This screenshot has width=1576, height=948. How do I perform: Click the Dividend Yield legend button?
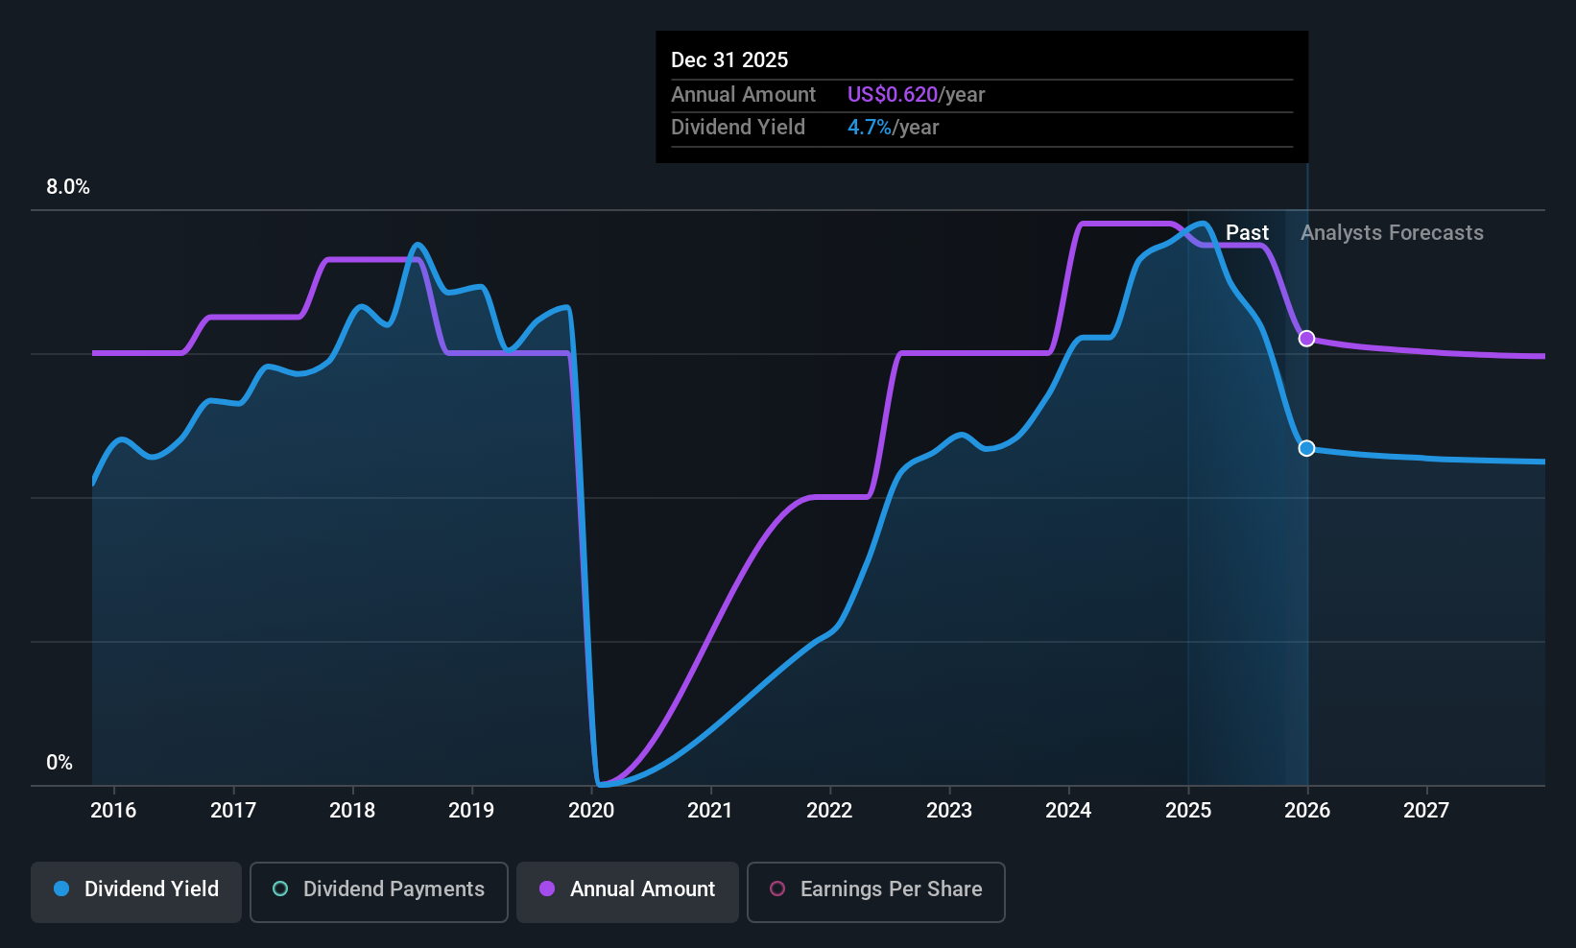click(136, 889)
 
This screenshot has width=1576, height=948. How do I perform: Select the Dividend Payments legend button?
click(379, 889)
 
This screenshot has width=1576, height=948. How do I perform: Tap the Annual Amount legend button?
click(628, 889)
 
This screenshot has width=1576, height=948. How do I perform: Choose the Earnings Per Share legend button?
click(875, 889)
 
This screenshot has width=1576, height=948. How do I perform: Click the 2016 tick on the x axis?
click(113, 810)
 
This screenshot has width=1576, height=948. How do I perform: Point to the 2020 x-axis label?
click(591, 810)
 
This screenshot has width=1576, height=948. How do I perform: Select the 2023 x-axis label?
click(949, 810)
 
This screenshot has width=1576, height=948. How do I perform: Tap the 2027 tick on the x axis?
click(1426, 810)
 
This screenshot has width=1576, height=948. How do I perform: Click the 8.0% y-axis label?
click(68, 187)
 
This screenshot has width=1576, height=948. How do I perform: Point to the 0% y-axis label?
click(60, 763)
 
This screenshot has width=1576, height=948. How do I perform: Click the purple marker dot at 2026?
click(1306, 339)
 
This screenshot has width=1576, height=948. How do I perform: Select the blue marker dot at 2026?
click(1306, 448)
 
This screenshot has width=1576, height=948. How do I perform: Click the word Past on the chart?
click(1247, 233)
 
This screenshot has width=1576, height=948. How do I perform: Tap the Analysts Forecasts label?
click(1392, 233)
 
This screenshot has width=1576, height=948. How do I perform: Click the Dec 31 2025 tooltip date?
click(729, 60)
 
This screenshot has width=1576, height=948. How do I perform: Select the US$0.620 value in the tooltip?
click(892, 95)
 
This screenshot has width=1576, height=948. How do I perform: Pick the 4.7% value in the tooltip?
click(869, 128)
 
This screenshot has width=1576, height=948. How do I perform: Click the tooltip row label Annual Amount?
click(743, 95)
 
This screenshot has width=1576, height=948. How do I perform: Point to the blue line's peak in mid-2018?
click(417, 245)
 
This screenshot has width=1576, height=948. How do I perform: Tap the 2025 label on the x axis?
click(1188, 810)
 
